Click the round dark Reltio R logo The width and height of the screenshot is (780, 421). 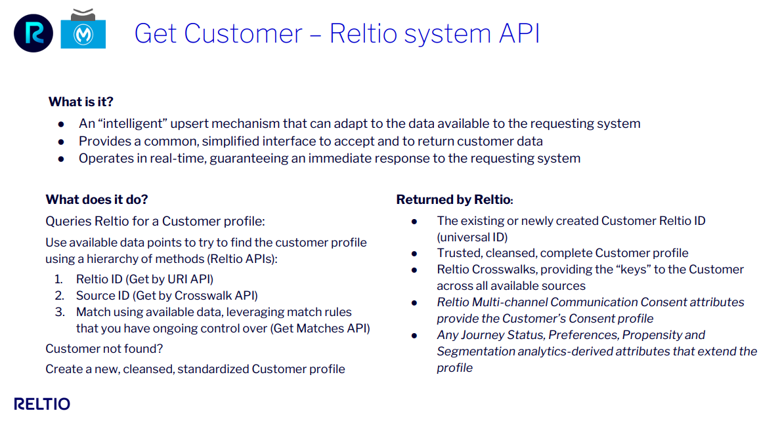pos(33,33)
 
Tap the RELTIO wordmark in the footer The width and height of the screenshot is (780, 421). pos(42,404)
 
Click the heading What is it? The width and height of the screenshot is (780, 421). pos(81,102)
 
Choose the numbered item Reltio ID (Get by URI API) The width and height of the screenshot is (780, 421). pos(144,279)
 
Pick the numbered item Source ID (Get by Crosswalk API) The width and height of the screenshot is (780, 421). pos(167,295)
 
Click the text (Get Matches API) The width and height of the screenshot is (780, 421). pos(320,328)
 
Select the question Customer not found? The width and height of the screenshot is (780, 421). pos(104,349)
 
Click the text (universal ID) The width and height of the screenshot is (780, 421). pos(472,237)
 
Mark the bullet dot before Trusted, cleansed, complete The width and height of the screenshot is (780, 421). pos(414,253)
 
